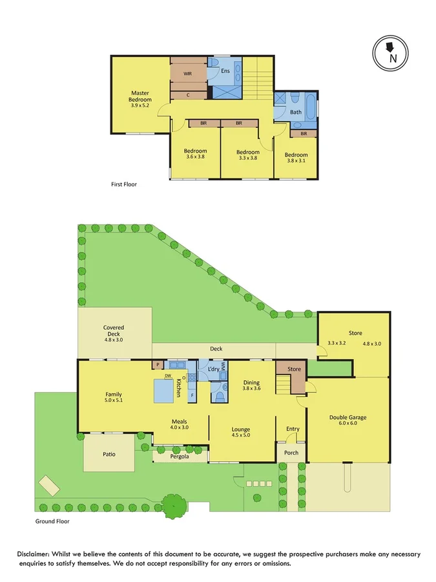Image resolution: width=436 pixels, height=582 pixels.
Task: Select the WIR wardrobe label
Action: coord(187,74)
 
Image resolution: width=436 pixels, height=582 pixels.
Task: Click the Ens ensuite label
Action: coord(225,72)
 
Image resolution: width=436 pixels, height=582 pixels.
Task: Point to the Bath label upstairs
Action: coord(295,112)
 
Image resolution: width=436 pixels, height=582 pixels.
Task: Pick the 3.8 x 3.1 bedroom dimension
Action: coord(296,160)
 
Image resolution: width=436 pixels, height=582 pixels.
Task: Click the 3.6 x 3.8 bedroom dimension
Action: coord(195,156)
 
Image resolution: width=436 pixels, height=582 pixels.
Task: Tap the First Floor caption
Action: coord(124,184)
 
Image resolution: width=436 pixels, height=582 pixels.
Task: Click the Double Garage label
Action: coord(348,418)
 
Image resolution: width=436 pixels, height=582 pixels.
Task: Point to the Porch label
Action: coord(291,452)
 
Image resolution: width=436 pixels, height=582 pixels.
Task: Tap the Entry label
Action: coord(293,429)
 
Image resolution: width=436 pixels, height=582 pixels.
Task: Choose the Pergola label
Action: coord(180,456)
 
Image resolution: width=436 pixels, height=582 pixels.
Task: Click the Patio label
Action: coord(109,454)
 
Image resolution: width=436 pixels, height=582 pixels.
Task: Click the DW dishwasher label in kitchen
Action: coord(167,376)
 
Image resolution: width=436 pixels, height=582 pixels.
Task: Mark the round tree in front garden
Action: coord(173,506)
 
